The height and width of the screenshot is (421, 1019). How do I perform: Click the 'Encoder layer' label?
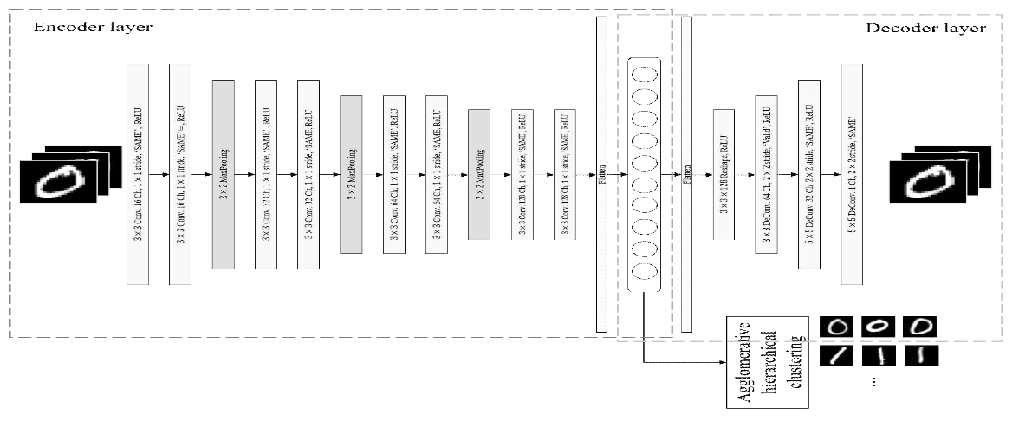click(92, 28)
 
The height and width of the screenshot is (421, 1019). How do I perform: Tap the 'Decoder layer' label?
click(925, 28)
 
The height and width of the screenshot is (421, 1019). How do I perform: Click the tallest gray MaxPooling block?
click(224, 173)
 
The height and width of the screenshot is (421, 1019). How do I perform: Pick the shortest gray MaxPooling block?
click(479, 174)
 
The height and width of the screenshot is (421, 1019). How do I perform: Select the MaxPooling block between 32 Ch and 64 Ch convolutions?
click(351, 173)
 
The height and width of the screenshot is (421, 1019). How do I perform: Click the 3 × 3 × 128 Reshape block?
click(724, 174)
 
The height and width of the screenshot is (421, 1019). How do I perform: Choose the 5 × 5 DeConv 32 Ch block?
click(809, 173)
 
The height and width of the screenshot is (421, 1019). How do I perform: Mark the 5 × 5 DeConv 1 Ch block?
click(852, 173)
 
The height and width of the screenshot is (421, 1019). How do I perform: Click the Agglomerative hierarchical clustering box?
click(768, 362)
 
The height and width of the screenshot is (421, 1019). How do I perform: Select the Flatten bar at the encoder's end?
click(602, 173)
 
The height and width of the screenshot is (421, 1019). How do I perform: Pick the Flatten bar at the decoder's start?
click(687, 173)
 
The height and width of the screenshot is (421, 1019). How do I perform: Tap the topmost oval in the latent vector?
click(644, 73)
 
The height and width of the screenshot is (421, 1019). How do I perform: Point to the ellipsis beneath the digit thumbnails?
click(873, 381)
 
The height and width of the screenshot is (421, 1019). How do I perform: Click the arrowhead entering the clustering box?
click(721, 362)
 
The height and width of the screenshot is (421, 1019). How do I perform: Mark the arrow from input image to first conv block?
click(118, 174)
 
